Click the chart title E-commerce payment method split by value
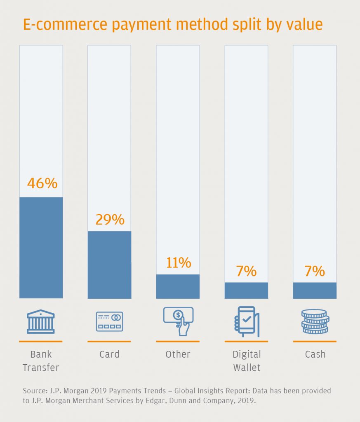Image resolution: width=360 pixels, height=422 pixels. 172,25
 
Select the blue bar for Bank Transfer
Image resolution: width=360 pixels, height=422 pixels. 41,247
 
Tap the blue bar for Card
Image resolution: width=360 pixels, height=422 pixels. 109,264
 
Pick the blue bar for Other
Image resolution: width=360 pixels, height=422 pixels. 178,286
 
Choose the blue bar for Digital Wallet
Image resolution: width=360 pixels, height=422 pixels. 246,290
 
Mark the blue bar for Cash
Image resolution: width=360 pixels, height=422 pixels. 315,290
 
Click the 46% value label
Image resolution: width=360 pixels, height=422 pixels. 42,183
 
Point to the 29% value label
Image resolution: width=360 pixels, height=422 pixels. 110,220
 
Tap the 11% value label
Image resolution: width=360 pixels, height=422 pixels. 178,263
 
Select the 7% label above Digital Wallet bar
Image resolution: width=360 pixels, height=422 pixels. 246,271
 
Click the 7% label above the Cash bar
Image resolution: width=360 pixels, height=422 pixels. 315,271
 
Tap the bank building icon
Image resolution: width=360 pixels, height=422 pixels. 40,321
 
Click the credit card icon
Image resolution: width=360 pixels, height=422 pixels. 109,321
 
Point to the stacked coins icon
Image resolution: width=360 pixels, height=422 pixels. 315,321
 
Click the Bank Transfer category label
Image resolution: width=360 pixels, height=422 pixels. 41,361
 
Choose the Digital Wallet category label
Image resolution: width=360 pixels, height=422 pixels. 246,361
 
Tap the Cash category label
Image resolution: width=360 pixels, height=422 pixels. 315,354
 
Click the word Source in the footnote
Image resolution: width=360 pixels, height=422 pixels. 34,390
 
